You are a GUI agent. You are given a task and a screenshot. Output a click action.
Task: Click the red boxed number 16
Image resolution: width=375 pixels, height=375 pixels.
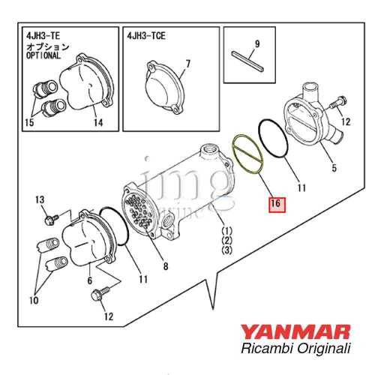(x=275, y=202)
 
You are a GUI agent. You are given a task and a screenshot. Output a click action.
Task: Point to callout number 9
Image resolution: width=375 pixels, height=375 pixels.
(x=256, y=44)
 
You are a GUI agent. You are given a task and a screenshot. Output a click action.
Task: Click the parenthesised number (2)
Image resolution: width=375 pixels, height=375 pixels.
(x=226, y=240)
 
